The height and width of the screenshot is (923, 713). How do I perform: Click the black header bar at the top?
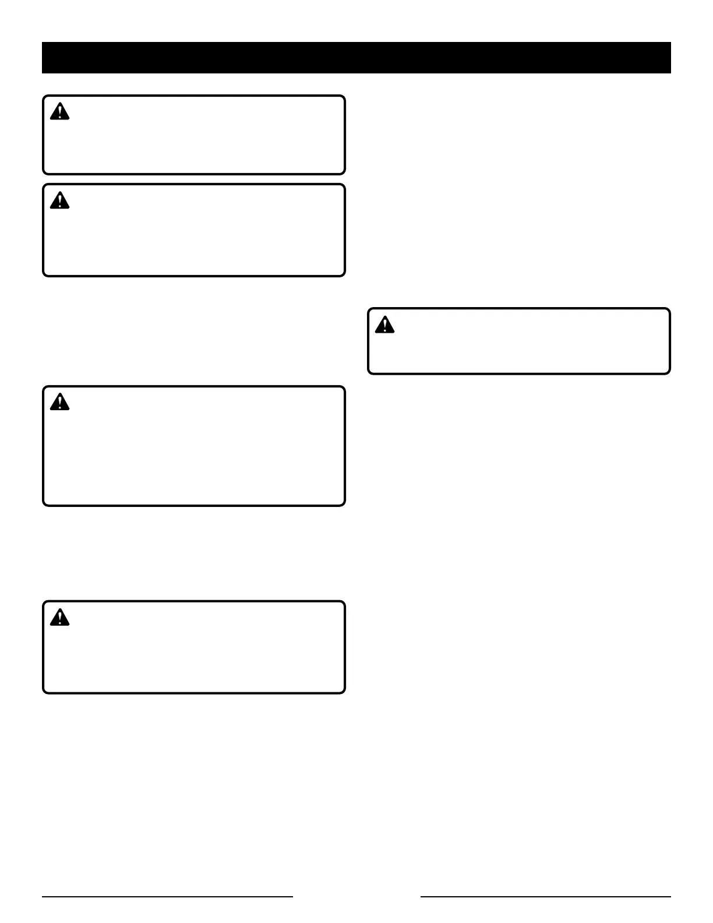[356, 58]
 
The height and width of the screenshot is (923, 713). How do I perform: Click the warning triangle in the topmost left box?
[59, 112]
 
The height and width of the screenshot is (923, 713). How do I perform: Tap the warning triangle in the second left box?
[59, 201]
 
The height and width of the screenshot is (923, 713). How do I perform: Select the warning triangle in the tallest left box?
[59, 402]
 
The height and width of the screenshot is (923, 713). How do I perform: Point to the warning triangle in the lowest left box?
[59, 618]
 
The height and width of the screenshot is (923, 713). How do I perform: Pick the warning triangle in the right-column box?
[384, 325]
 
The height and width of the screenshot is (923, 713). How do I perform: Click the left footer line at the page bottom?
[167, 897]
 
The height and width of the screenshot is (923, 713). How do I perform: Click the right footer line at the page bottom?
[546, 897]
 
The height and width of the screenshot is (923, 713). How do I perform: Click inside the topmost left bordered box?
[194, 140]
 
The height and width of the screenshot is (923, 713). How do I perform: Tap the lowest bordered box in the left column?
[194, 653]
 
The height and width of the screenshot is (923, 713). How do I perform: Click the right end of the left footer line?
[292, 897]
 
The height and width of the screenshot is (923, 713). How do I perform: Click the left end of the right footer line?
[422, 897]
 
